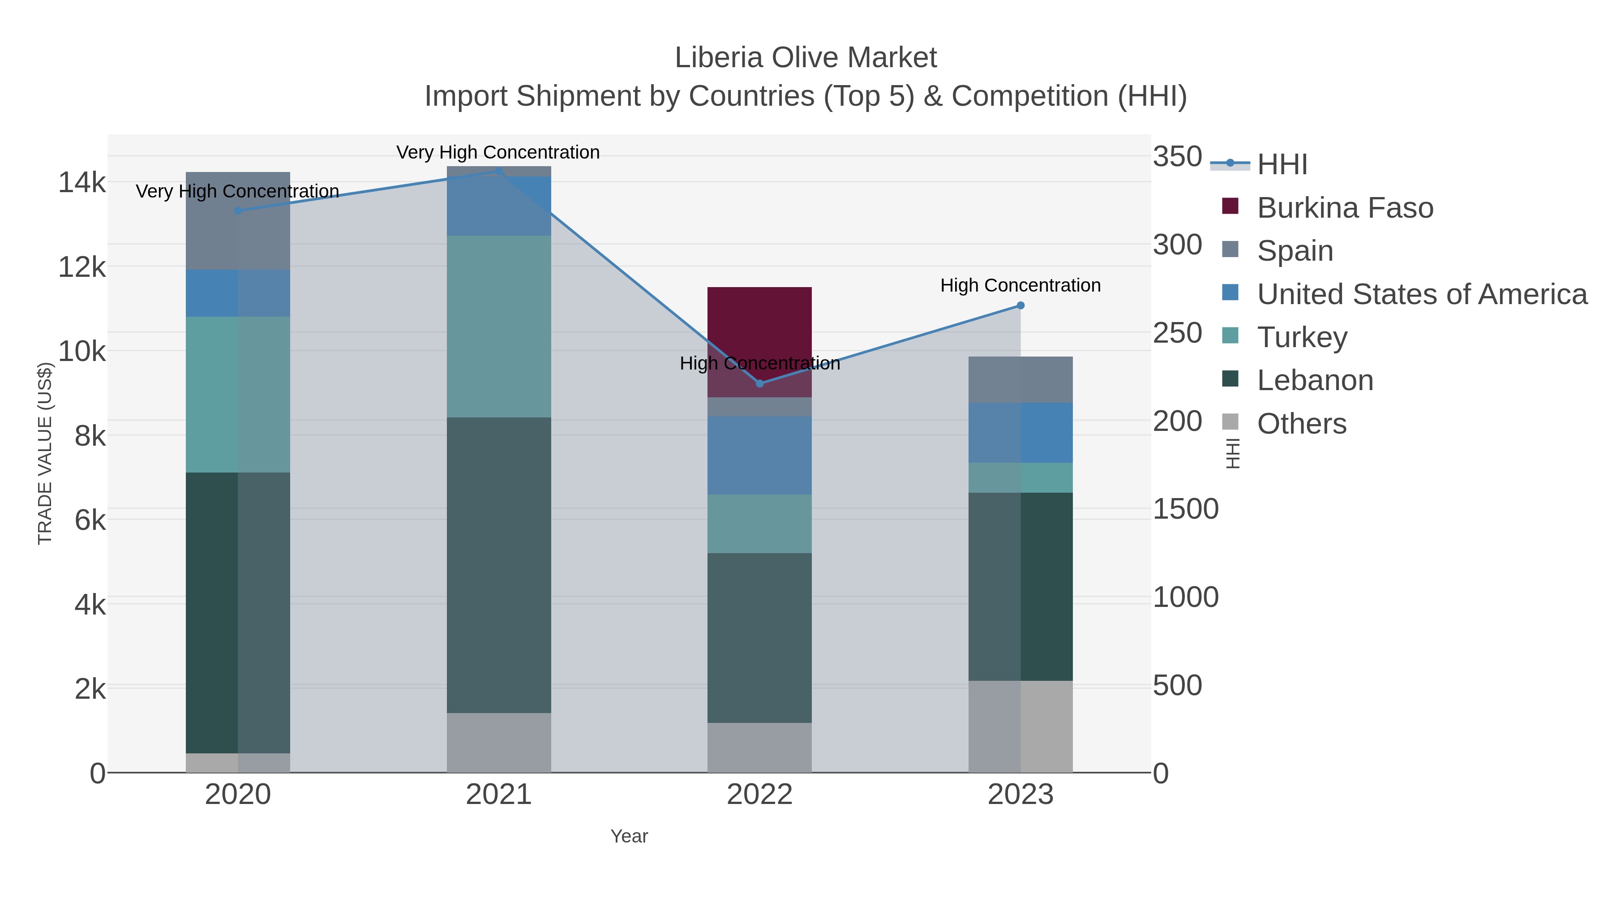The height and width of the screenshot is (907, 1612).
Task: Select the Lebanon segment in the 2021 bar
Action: coord(499,565)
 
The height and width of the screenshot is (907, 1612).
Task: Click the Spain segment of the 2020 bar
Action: coord(238,220)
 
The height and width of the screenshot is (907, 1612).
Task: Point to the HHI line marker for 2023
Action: coord(1020,305)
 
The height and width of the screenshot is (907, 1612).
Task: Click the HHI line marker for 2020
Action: coord(238,211)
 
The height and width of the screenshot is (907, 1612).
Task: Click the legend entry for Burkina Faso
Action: coord(1344,208)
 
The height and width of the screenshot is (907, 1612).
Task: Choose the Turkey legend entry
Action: coord(1302,337)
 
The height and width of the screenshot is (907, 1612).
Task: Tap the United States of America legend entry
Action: coord(1420,294)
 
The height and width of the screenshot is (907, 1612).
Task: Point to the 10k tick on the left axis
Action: coord(82,352)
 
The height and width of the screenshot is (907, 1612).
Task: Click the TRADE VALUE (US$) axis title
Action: coord(45,453)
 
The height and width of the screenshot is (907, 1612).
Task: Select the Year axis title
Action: coord(629,836)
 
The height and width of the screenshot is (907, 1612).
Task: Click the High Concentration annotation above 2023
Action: coord(1020,285)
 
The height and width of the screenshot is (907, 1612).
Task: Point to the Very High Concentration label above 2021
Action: coord(498,152)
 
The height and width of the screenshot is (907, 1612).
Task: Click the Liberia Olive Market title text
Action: coord(806,58)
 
